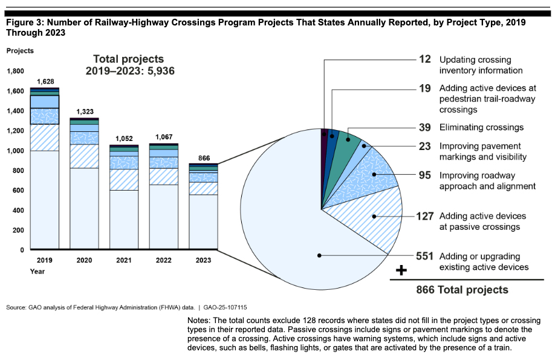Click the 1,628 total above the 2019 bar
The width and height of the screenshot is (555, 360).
[45, 81]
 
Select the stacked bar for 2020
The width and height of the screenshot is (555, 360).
[84, 182]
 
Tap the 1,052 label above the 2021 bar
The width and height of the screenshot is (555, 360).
[124, 139]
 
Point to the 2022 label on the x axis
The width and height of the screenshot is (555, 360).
[164, 260]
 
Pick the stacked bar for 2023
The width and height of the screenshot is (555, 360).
[203, 206]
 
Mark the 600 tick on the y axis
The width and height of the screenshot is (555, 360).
[19, 191]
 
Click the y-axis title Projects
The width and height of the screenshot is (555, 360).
[20, 51]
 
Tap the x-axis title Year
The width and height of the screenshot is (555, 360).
[37, 272]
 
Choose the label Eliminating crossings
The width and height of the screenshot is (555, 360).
[481, 128]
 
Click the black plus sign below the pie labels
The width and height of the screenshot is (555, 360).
[400, 269]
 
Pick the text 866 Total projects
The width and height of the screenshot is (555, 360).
[462, 290]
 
